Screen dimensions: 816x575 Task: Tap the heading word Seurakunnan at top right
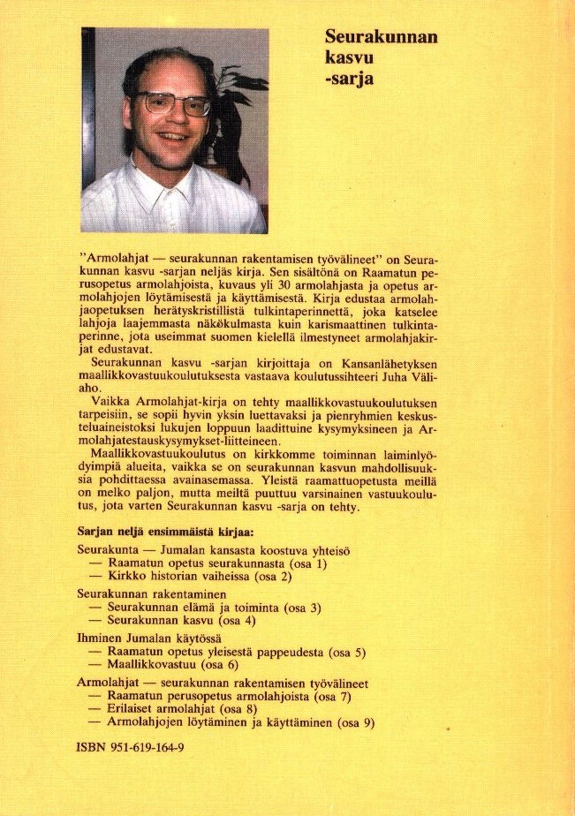coord(381,37)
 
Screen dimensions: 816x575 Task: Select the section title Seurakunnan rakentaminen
coord(152,593)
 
